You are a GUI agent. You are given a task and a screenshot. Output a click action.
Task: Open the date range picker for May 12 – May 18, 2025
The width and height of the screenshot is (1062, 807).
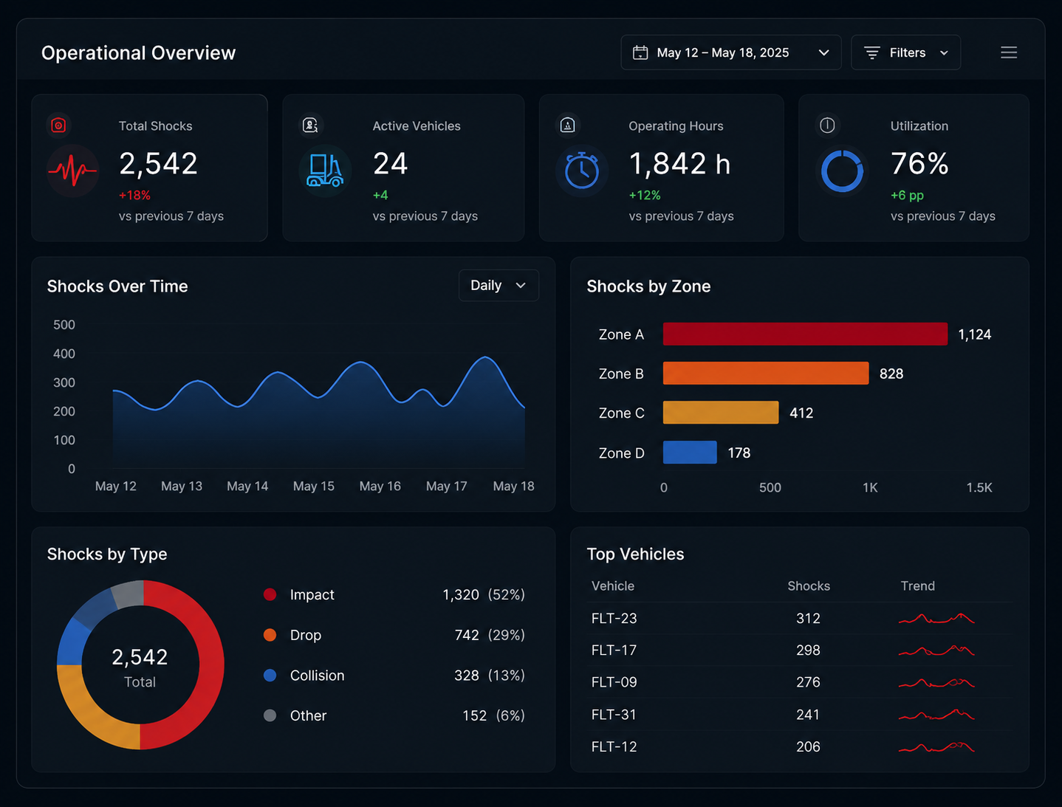coord(730,52)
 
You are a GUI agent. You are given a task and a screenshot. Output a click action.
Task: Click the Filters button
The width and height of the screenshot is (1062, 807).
coord(905,52)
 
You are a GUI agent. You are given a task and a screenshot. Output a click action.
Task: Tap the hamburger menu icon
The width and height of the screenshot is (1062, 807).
coord(1009,52)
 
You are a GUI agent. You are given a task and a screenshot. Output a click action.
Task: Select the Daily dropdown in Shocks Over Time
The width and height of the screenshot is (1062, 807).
coord(499,285)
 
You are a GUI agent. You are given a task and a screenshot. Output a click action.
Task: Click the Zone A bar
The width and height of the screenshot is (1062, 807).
coord(805,334)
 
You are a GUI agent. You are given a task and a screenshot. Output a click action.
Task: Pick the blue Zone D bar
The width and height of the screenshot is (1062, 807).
coord(690,452)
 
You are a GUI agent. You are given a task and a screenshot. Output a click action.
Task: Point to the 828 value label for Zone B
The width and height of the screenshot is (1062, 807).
coord(891,374)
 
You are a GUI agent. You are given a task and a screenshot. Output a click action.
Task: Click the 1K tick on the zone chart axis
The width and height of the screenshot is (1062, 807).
coord(870,487)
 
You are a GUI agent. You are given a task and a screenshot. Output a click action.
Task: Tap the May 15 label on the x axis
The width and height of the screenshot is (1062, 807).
coord(314,486)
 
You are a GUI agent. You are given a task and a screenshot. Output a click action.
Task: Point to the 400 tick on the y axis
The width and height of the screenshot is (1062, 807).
coord(64,354)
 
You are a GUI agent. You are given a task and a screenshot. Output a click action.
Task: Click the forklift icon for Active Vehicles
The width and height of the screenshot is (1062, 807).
coord(325,171)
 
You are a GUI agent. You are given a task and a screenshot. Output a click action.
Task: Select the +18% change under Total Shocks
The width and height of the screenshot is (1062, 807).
coord(134,196)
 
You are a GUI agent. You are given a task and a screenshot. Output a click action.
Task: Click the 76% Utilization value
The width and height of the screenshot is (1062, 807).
coord(919,163)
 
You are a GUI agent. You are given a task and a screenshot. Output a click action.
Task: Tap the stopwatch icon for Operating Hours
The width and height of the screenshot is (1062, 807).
coord(581,171)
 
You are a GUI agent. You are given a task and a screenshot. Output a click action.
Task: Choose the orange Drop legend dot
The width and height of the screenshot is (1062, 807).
coord(270,635)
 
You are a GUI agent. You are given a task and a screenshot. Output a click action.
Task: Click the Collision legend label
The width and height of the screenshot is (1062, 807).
coord(317,675)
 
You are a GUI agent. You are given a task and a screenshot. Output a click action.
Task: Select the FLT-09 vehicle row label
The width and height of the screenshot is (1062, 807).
coord(614,681)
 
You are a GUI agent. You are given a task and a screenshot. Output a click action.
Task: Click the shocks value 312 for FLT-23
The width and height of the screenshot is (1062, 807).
coord(808,618)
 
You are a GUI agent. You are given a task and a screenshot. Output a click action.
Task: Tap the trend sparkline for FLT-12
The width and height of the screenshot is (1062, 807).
coord(936,747)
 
